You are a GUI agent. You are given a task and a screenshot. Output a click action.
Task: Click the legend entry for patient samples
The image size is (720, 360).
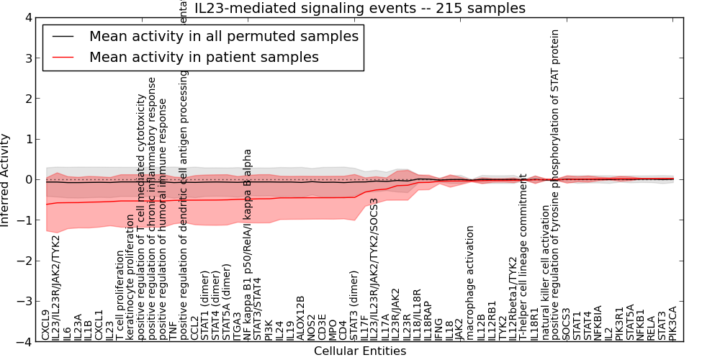[x=204, y=57]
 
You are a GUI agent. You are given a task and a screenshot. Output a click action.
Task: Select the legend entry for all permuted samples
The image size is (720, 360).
[x=223, y=36]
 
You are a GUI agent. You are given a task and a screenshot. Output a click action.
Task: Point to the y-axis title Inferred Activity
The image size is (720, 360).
[x=6, y=180]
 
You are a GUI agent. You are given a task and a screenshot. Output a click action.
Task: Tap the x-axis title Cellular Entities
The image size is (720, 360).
[x=360, y=351]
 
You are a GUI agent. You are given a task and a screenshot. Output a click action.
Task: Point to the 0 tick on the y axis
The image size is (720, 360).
[x=27, y=180]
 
